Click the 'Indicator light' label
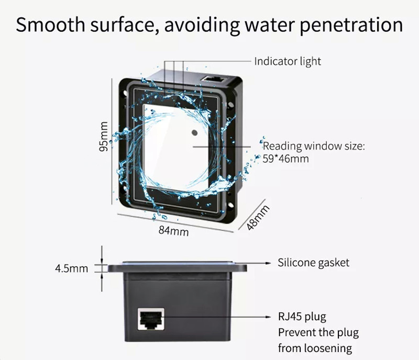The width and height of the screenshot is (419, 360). pos(288,61)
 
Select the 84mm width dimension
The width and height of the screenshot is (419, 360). pos(173,230)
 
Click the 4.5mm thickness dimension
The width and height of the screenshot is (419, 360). pos(72,269)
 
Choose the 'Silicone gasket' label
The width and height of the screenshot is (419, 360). pos(313,262)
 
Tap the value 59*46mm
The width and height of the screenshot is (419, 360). pos(285,159)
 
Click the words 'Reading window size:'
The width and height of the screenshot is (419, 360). pos(313,147)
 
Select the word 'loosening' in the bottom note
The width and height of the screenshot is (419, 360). pos(329,348)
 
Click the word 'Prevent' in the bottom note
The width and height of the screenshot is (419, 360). pos(295,333)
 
